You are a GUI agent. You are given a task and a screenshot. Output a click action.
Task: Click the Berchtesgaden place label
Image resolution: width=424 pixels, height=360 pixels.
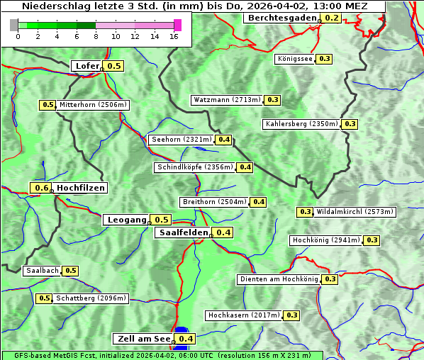pos(281,18)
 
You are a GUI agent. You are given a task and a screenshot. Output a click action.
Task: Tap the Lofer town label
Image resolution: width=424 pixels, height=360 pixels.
pos(87,66)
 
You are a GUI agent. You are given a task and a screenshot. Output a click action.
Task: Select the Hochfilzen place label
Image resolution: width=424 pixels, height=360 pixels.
pos(81,188)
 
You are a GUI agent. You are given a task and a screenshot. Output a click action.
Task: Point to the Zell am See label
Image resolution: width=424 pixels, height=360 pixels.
pos(143,339)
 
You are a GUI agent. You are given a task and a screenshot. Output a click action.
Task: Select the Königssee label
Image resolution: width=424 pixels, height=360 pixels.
pos(294,59)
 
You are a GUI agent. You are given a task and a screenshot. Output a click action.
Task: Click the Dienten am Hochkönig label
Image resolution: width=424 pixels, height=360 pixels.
pos(278,279)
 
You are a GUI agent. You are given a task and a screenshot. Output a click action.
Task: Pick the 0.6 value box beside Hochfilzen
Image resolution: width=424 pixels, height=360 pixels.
pos(42,188)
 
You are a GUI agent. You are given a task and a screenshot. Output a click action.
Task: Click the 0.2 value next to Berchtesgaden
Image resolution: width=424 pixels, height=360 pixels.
pos(331,18)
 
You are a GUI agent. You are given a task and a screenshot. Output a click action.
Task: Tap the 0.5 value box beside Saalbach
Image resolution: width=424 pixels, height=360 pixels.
pos(71,271)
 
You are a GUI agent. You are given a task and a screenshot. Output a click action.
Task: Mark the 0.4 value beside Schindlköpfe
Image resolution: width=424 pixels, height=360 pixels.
pos(245,167)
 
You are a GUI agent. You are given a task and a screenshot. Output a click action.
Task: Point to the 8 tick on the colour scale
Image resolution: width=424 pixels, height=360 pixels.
pos(96,36)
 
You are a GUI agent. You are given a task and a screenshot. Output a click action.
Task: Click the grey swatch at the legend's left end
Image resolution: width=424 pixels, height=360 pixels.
pos(14,25)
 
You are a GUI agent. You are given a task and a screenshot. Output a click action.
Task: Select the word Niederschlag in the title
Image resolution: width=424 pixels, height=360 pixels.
pos(54,6)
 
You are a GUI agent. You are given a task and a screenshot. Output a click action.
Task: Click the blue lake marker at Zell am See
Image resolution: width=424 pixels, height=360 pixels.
pos(182,330)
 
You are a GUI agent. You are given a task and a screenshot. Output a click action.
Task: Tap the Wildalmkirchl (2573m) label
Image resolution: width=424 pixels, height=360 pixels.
pos(355,212)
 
